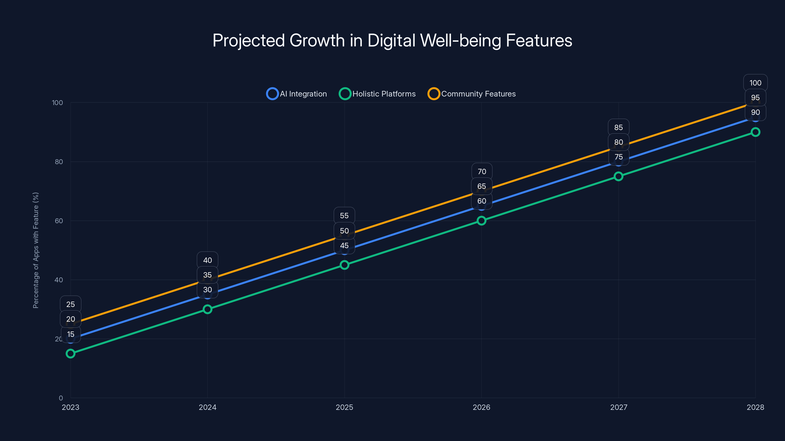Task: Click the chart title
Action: point(392,40)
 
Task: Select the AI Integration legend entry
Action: point(297,94)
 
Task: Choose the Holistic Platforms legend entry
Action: point(378,94)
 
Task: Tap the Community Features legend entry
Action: point(472,94)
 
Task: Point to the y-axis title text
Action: point(36,250)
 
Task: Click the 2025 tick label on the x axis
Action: point(344,407)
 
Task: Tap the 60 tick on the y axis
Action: point(59,221)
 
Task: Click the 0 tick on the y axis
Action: point(61,398)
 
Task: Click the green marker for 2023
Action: point(70,353)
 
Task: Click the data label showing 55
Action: point(344,216)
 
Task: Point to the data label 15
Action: point(71,334)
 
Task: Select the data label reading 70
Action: point(482,172)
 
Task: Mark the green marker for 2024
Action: point(208,309)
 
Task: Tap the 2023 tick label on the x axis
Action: point(70,407)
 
